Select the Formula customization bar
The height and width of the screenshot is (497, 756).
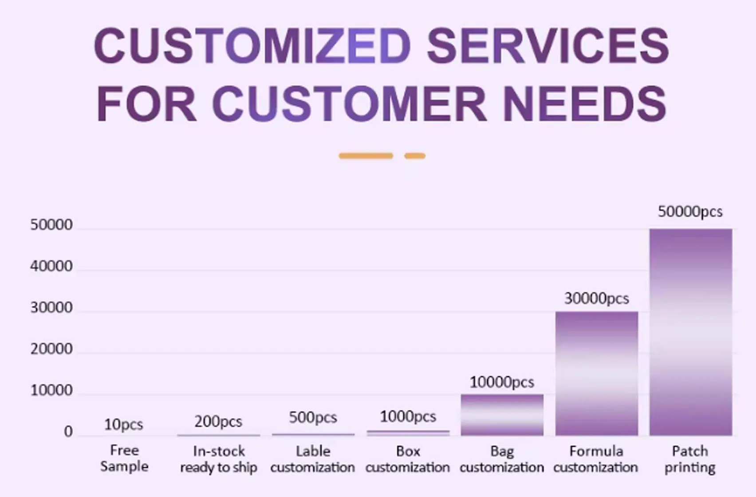pyautogui.click(x=597, y=373)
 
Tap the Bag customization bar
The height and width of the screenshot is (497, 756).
pyautogui.click(x=502, y=415)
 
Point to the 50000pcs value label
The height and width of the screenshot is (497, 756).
pyautogui.click(x=690, y=212)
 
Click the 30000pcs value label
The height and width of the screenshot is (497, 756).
pyautogui.click(x=596, y=299)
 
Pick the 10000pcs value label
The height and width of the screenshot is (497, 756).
pyautogui.click(x=502, y=382)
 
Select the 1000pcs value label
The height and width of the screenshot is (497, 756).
pyautogui.click(x=408, y=417)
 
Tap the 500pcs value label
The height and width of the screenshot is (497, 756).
pyautogui.click(x=313, y=418)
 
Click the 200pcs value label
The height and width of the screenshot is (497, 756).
pyautogui.click(x=218, y=421)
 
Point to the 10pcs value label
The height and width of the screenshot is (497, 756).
pyautogui.click(x=123, y=425)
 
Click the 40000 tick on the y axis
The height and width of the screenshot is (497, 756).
pyautogui.click(x=51, y=266)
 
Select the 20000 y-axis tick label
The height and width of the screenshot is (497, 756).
pyautogui.click(x=51, y=349)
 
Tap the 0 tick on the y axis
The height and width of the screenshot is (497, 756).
pyautogui.click(x=68, y=431)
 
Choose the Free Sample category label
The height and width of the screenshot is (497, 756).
pyautogui.click(x=124, y=458)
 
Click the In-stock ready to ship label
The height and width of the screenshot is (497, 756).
pyautogui.click(x=219, y=459)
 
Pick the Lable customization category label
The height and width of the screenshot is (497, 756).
pyautogui.click(x=313, y=459)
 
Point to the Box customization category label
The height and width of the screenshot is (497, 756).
pyautogui.click(x=408, y=459)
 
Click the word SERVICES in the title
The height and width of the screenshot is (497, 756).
pyautogui.click(x=547, y=45)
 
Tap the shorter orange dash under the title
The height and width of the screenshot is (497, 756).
pyautogui.click(x=415, y=156)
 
